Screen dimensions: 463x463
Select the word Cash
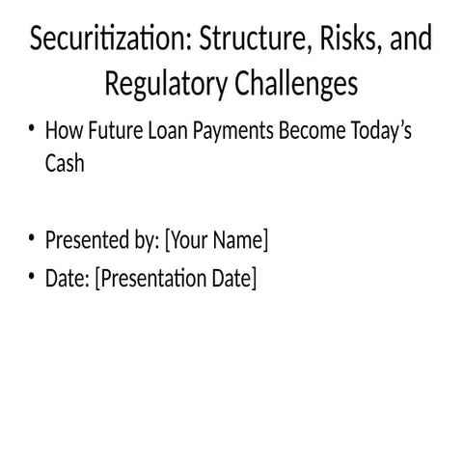(x=65, y=164)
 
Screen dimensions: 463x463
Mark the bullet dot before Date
(x=32, y=279)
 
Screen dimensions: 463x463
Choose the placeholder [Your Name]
(x=217, y=239)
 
